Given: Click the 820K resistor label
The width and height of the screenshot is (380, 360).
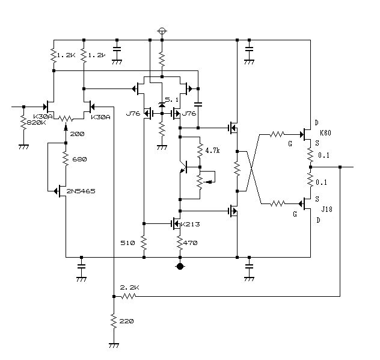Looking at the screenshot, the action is pos(36,122).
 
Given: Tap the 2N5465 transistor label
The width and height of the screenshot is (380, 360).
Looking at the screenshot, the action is pos(81,191).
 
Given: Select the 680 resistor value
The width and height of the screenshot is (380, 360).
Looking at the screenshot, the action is pos(79,160).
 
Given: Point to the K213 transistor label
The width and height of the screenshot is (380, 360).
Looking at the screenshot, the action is pos(191,224).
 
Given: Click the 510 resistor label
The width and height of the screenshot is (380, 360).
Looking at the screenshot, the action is pos(127,243).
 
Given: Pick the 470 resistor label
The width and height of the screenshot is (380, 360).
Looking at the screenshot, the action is pos(191,243).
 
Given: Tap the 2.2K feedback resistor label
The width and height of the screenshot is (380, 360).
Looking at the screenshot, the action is pos(130,288).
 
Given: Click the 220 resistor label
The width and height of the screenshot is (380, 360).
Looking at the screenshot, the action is pos(126,321).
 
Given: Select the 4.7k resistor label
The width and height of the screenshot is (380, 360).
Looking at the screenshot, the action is pos(212,151).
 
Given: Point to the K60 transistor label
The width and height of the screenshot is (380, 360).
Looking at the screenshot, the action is pos(325,132).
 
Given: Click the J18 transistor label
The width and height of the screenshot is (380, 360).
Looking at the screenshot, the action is pos(326,209).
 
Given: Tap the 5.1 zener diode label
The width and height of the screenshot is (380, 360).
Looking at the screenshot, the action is pos(171,100).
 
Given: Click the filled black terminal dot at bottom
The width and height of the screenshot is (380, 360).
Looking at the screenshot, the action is pos(180,266).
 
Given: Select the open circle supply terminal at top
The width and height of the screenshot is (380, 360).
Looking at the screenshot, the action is pos(162,31).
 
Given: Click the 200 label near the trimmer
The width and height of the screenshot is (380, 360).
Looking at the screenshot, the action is pos(78,134).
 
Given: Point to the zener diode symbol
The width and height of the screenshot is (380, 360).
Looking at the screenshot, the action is pos(162,105).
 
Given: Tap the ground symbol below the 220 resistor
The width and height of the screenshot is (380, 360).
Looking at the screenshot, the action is pos(114,345).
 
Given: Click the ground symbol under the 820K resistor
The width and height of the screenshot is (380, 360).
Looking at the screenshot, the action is pos(24,147).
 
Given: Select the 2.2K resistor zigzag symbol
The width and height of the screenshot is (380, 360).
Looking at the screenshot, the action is pos(129,296).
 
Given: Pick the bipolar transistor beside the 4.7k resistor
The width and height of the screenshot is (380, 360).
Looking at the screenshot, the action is pos(184,167).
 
